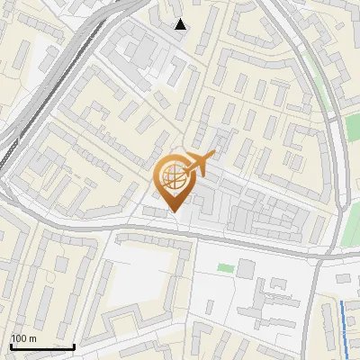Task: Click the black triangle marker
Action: [181, 24]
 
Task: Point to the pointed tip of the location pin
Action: [173, 213]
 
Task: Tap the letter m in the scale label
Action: [32, 338]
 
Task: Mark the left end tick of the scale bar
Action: [10, 346]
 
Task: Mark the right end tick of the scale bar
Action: [74, 346]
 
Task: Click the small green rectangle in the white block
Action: [223, 267]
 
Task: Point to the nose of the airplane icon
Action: [213, 158]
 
